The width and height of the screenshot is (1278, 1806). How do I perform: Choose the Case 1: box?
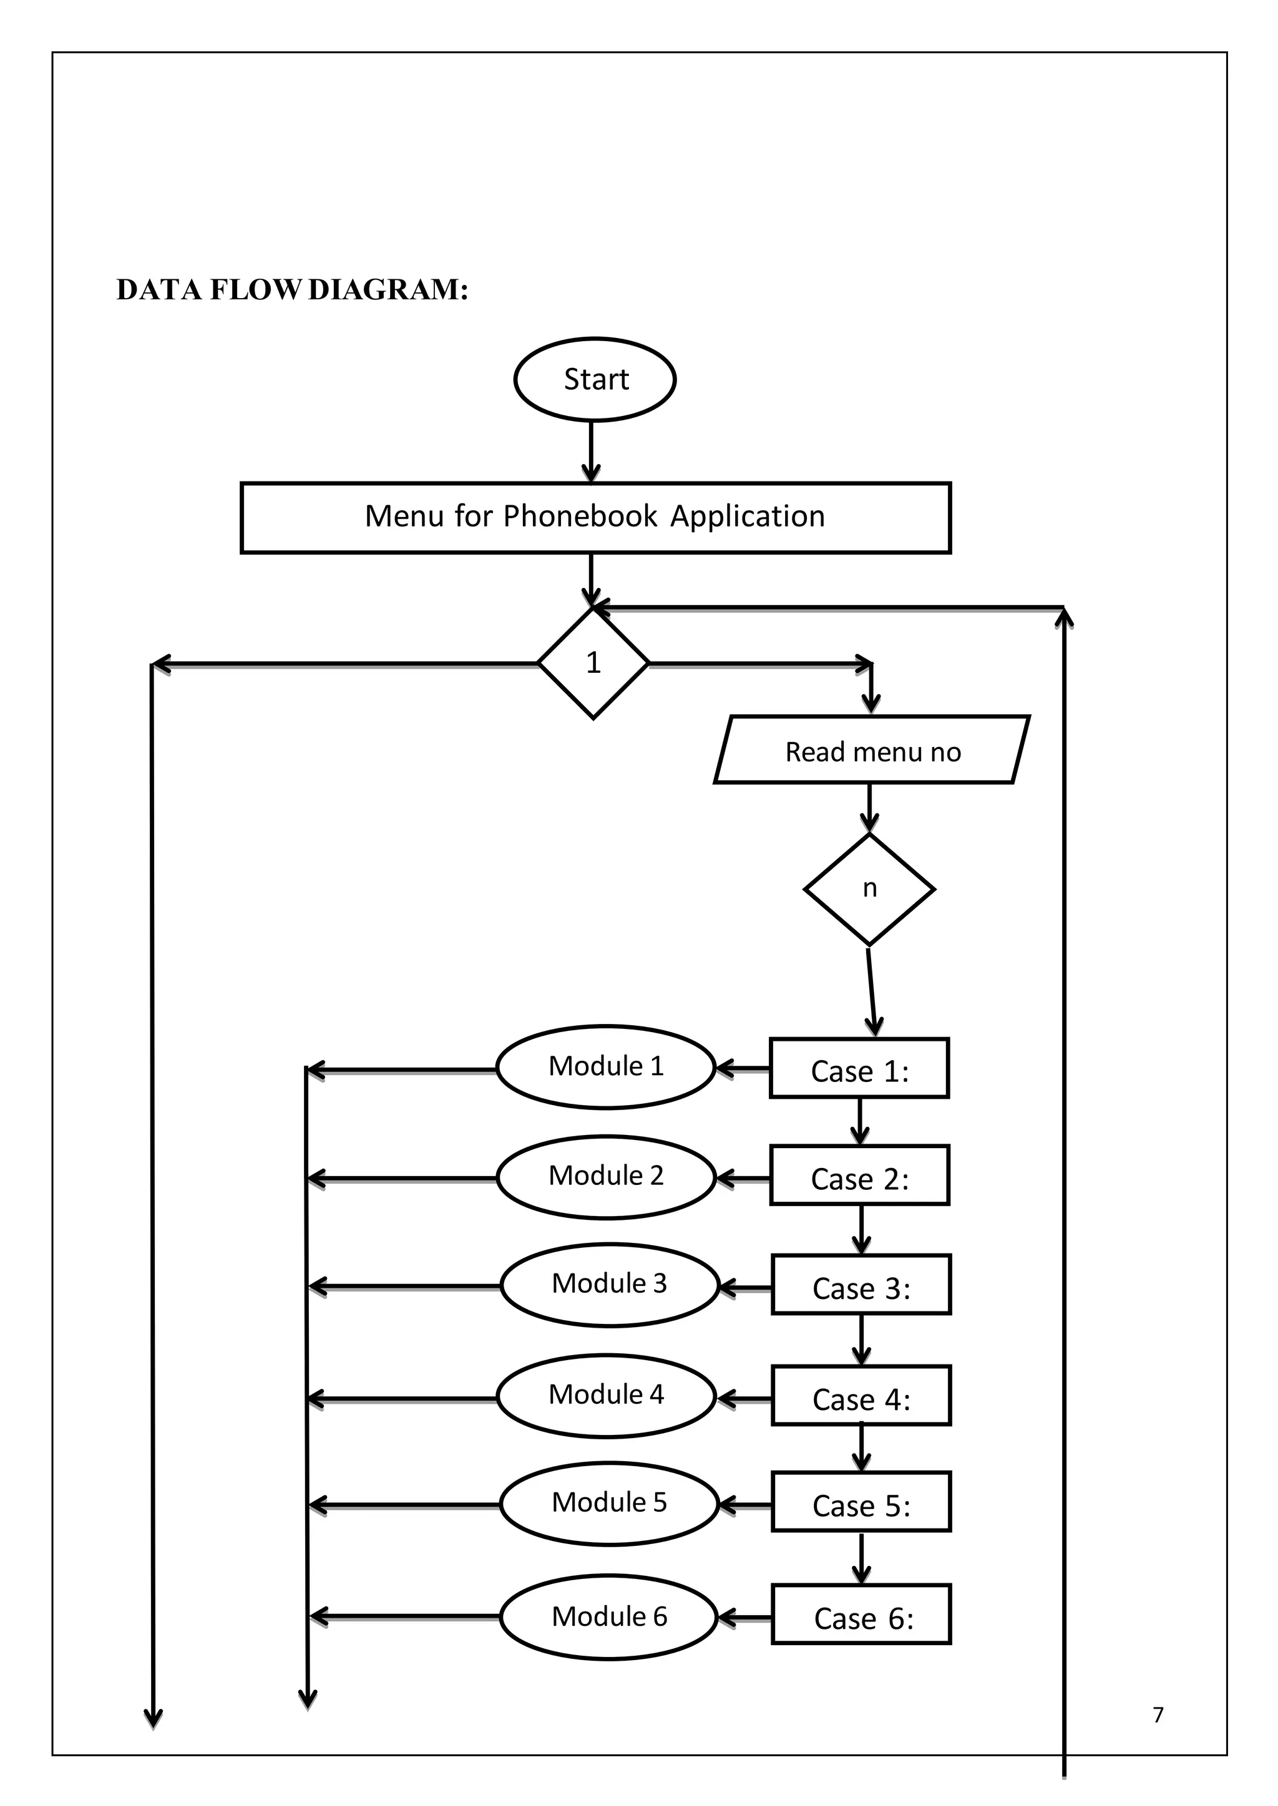coord(859,1068)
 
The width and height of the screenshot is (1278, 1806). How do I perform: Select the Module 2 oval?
coord(606,1177)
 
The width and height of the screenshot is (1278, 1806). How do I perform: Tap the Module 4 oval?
coord(606,1396)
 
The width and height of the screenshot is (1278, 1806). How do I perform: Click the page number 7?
coord(1158,1715)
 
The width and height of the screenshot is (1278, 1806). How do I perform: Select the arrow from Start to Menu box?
coord(591,452)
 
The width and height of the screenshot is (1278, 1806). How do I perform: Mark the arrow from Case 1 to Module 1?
coord(742,1069)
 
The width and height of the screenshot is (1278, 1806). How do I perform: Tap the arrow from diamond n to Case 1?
coord(871,991)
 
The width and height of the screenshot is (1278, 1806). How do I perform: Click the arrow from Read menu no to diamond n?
coord(869,808)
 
